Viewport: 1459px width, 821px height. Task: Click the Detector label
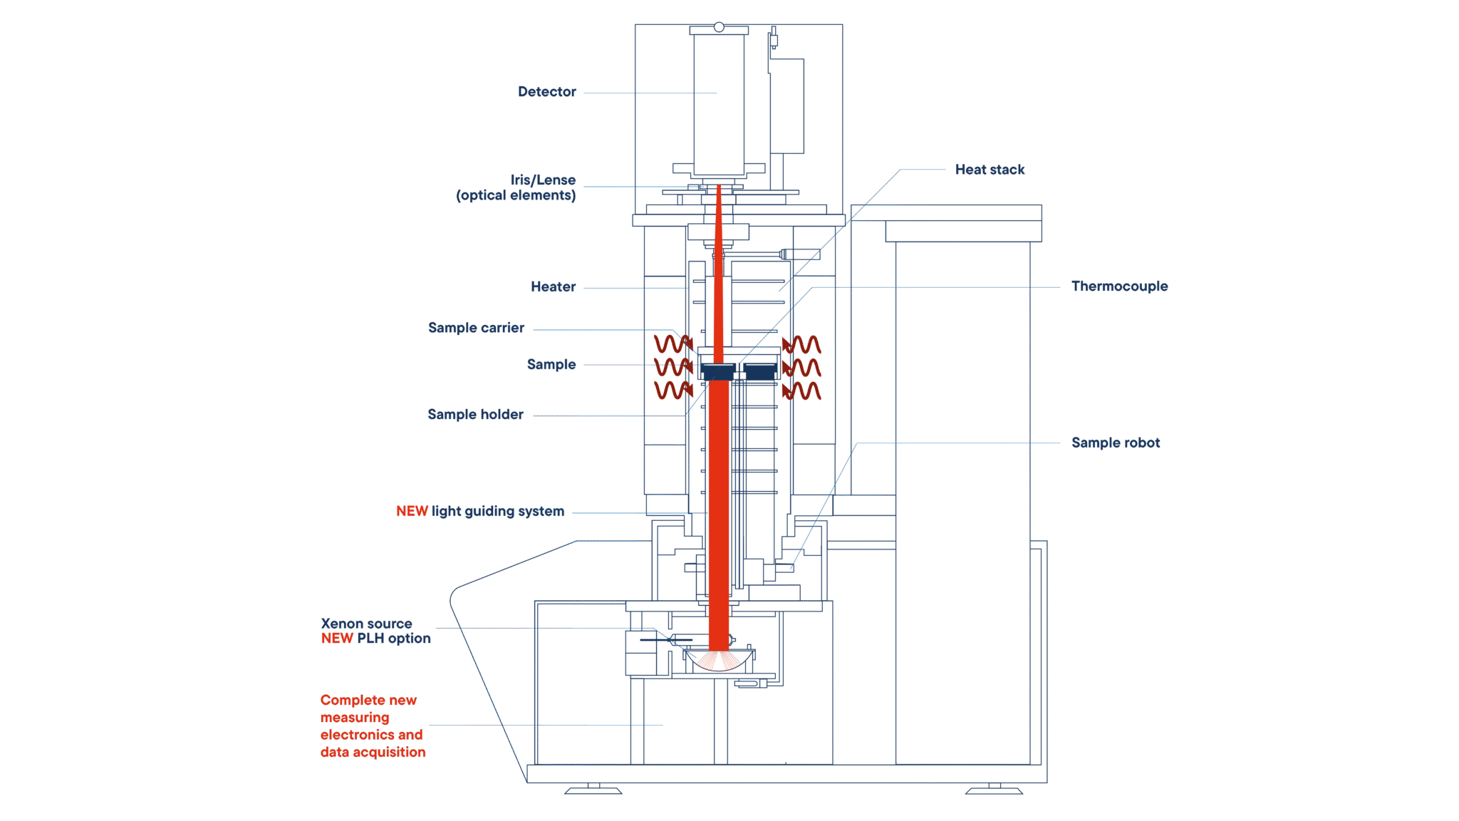546,92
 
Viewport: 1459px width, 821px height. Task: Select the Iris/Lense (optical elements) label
516,187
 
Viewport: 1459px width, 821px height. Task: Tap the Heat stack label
990,170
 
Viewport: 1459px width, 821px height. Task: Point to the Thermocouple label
1119,286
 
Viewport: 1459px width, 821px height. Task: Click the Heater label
553,286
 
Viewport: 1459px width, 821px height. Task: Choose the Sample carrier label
476,328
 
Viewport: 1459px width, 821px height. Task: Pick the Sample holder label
475,415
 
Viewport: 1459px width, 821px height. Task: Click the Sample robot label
1116,443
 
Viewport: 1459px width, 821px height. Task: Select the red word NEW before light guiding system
412,511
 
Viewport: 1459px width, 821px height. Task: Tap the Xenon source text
366,624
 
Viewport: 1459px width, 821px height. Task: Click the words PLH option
394,639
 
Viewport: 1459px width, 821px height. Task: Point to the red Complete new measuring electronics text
373,726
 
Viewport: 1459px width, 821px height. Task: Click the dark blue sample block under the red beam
718,372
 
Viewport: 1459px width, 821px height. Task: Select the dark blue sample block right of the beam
760,372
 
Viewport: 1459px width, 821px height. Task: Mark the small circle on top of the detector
719,27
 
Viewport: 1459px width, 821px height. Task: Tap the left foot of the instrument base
593,788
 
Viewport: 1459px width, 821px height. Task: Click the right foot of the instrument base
995,788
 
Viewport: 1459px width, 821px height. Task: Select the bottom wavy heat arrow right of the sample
801,391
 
